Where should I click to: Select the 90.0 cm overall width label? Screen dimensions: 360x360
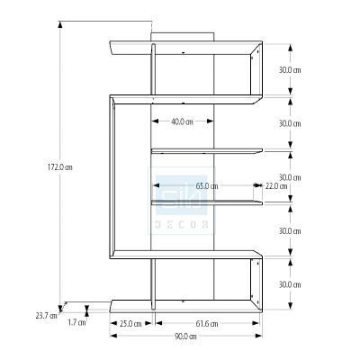[186, 337]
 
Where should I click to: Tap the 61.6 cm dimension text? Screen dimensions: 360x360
[206, 323]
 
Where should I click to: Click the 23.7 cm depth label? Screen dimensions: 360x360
[45, 316]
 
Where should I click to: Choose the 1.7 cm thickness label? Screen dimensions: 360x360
[76, 321]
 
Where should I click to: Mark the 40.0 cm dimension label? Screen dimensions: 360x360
[183, 121]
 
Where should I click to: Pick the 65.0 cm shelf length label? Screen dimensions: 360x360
[206, 186]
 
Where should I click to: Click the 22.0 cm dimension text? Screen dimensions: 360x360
[276, 186]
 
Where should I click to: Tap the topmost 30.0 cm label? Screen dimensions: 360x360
[289, 69]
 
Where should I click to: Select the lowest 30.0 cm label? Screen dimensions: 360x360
[289, 285]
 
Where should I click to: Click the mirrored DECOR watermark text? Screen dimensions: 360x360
[184, 221]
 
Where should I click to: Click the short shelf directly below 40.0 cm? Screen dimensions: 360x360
[206, 149]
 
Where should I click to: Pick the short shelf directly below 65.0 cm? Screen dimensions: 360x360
[206, 202]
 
